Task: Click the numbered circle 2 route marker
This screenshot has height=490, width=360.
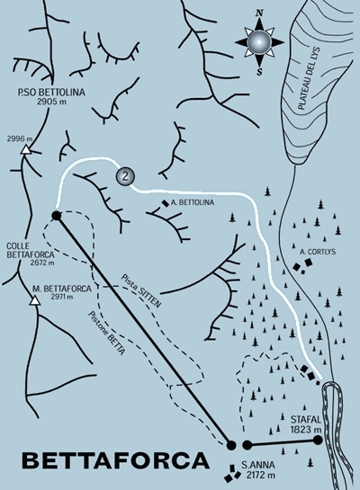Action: click(x=125, y=176)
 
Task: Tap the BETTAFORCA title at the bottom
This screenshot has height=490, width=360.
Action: click(x=116, y=460)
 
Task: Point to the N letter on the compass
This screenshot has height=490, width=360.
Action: click(x=259, y=13)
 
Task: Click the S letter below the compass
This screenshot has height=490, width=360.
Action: click(x=259, y=72)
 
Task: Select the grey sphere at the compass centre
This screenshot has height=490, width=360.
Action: click(x=259, y=41)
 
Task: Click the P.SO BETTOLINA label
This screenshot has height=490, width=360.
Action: click(x=51, y=93)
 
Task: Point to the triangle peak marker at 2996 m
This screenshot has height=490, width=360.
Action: click(x=25, y=150)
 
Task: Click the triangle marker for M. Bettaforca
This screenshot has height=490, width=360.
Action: click(x=35, y=300)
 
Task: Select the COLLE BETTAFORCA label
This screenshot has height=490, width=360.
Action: click(x=30, y=250)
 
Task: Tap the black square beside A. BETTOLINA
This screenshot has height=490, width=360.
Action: click(x=165, y=203)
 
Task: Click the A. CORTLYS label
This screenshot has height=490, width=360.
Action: click(x=318, y=252)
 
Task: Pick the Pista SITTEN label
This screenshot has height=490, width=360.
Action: click(x=141, y=290)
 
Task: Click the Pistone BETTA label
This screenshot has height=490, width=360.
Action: click(x=107, y=333)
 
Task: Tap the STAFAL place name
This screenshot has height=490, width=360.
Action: click(x=306, y=419)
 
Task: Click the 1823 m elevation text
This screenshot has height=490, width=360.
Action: click(x=306, y=430)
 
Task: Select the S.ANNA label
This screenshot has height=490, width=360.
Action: click(x=258, y=466)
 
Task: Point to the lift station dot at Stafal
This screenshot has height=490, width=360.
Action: click(x=318, y=440)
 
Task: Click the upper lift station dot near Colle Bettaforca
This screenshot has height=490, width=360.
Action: click(x=56, y=216)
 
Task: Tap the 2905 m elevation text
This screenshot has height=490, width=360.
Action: click(x=51, y=102)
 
